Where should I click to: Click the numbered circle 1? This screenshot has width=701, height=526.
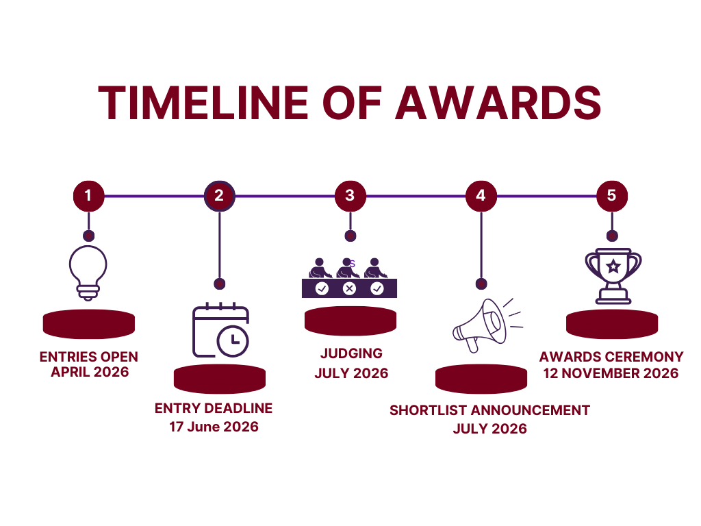(x=88, y=196)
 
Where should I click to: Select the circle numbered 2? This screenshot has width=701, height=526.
(x=220, y=196)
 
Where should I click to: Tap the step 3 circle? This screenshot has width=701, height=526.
(x=350, y=196)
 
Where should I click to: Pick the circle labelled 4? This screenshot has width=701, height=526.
(x=481, y=196)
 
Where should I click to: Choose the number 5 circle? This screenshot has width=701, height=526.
(x=612, y=196)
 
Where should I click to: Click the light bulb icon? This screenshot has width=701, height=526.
(x=88, y=273)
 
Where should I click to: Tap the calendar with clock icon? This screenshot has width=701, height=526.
(x=221, y=331)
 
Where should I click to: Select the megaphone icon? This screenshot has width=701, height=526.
(x=487, y=325)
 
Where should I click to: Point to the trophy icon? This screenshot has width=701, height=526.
(x=613, y=276)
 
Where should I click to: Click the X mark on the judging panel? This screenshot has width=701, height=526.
(x=350, y=288)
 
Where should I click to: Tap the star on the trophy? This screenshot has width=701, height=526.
(x=613, y=266)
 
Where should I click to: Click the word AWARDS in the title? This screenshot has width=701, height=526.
(x=498, y=103)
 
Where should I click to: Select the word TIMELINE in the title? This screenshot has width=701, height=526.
(x=203, y=103)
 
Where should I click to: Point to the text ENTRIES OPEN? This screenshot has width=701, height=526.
(x=88, y=357)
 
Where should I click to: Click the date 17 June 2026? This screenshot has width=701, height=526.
(x=214, y=427)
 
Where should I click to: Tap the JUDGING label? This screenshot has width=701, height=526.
(x=351, y=353)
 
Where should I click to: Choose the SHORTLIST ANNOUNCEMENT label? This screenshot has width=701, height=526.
(x=489, y=410)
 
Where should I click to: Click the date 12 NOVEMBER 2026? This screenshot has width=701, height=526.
(x=611, y=373)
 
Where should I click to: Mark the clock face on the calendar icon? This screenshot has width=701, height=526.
(x=233, y=342)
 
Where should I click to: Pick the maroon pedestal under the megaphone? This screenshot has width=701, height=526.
(x=481, y=379)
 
